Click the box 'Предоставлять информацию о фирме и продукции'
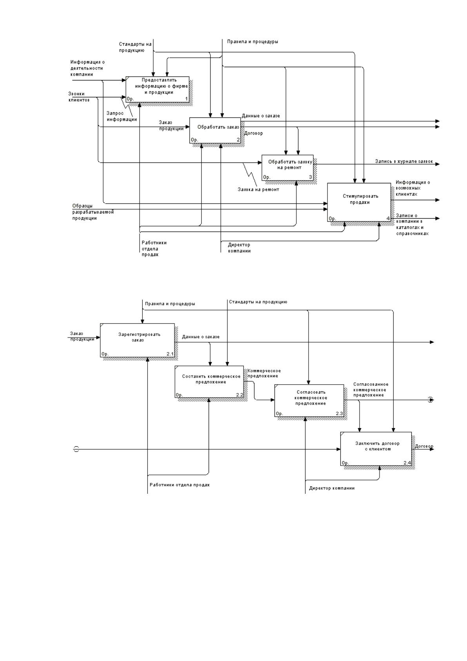(158, 89)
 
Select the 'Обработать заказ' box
(215, 130)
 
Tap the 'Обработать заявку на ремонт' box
(287, 168)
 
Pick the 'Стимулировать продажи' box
(359, 202)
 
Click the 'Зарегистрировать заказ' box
(137, 340)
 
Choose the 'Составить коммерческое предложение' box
(209, 382)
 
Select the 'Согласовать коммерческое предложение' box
(309, 400)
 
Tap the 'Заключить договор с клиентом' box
(376, 449)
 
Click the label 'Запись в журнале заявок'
(404, 161)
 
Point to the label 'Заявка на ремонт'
(258, 190)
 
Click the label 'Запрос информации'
(122, 116)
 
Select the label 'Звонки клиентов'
(79, 97)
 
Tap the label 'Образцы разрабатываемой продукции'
(93, 212)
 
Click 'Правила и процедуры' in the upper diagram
(253, 42)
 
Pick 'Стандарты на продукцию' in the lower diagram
(258, 302)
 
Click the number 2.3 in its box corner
(339, 413)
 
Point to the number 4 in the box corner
(388, 218)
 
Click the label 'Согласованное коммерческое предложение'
(371, 389)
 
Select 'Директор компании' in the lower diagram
(332, 488)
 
